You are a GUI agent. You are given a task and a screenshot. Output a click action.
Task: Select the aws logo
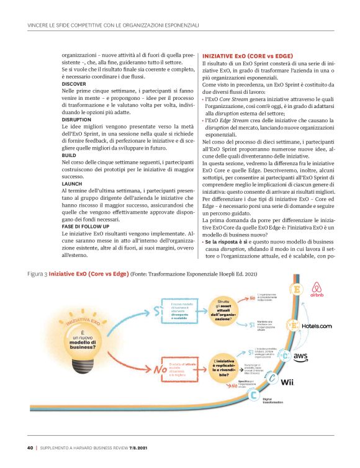301,355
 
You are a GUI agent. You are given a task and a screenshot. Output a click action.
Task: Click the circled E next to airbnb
297,290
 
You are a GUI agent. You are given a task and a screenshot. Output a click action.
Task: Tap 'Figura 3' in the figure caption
38,273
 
